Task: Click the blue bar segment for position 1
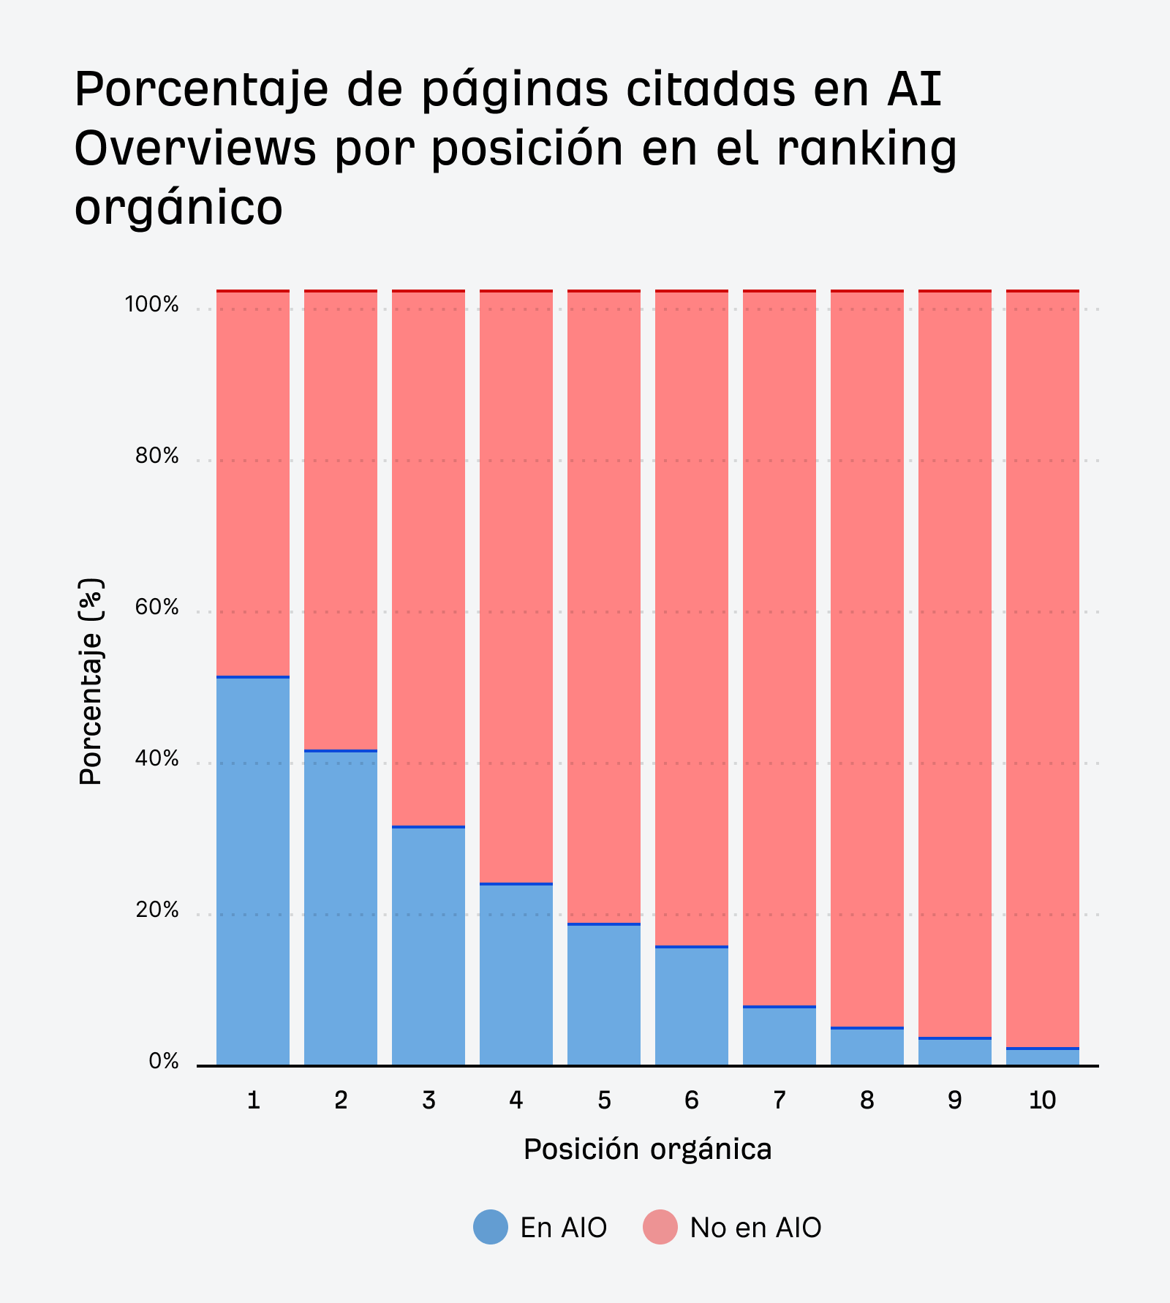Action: coord(253,870)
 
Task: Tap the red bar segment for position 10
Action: coord(1043,669)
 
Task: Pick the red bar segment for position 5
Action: coord(604,607)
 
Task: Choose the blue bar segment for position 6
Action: coord(692,1006)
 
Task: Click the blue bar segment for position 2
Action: coord(341,907)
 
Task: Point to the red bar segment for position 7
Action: coord(780,648)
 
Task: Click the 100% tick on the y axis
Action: coord(151,305)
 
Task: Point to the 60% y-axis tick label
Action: coord(156,608)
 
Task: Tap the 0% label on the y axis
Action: coord(164,1062)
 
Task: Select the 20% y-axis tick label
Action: coord(156,910)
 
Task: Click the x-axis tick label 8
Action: coord(867,1100)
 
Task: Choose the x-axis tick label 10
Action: coord(1043,1100)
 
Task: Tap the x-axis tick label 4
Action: coord(516,1100)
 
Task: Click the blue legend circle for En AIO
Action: coord(491,1227)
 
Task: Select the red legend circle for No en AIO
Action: coord(660,1227)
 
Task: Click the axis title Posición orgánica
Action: coord(647,1149)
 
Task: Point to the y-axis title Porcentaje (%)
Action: coord(91,681)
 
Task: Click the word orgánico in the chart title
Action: coord(178,208)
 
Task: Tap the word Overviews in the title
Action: coord(195,148)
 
